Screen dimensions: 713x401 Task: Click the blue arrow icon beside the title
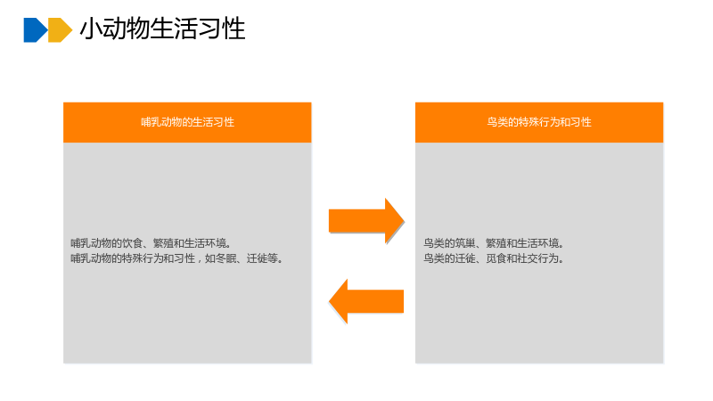point(36,30)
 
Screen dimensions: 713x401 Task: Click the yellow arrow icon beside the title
point(60,30)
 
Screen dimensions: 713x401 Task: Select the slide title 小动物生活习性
point(163,29)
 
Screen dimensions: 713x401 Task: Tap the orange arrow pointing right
point(366,221)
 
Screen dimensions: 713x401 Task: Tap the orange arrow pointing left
point(366,301)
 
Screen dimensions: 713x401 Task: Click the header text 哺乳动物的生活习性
point(187,122)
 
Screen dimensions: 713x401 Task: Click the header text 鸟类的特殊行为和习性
point(539,122)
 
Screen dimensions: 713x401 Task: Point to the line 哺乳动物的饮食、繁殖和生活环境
point(151,243)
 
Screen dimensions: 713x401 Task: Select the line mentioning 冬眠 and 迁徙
point(177,258)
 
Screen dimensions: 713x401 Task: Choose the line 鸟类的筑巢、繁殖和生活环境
point(494,243)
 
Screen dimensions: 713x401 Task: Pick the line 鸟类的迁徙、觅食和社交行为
point(494,258)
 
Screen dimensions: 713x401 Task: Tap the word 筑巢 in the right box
point(464,243)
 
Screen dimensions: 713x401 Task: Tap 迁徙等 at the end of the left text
point(262,258)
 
